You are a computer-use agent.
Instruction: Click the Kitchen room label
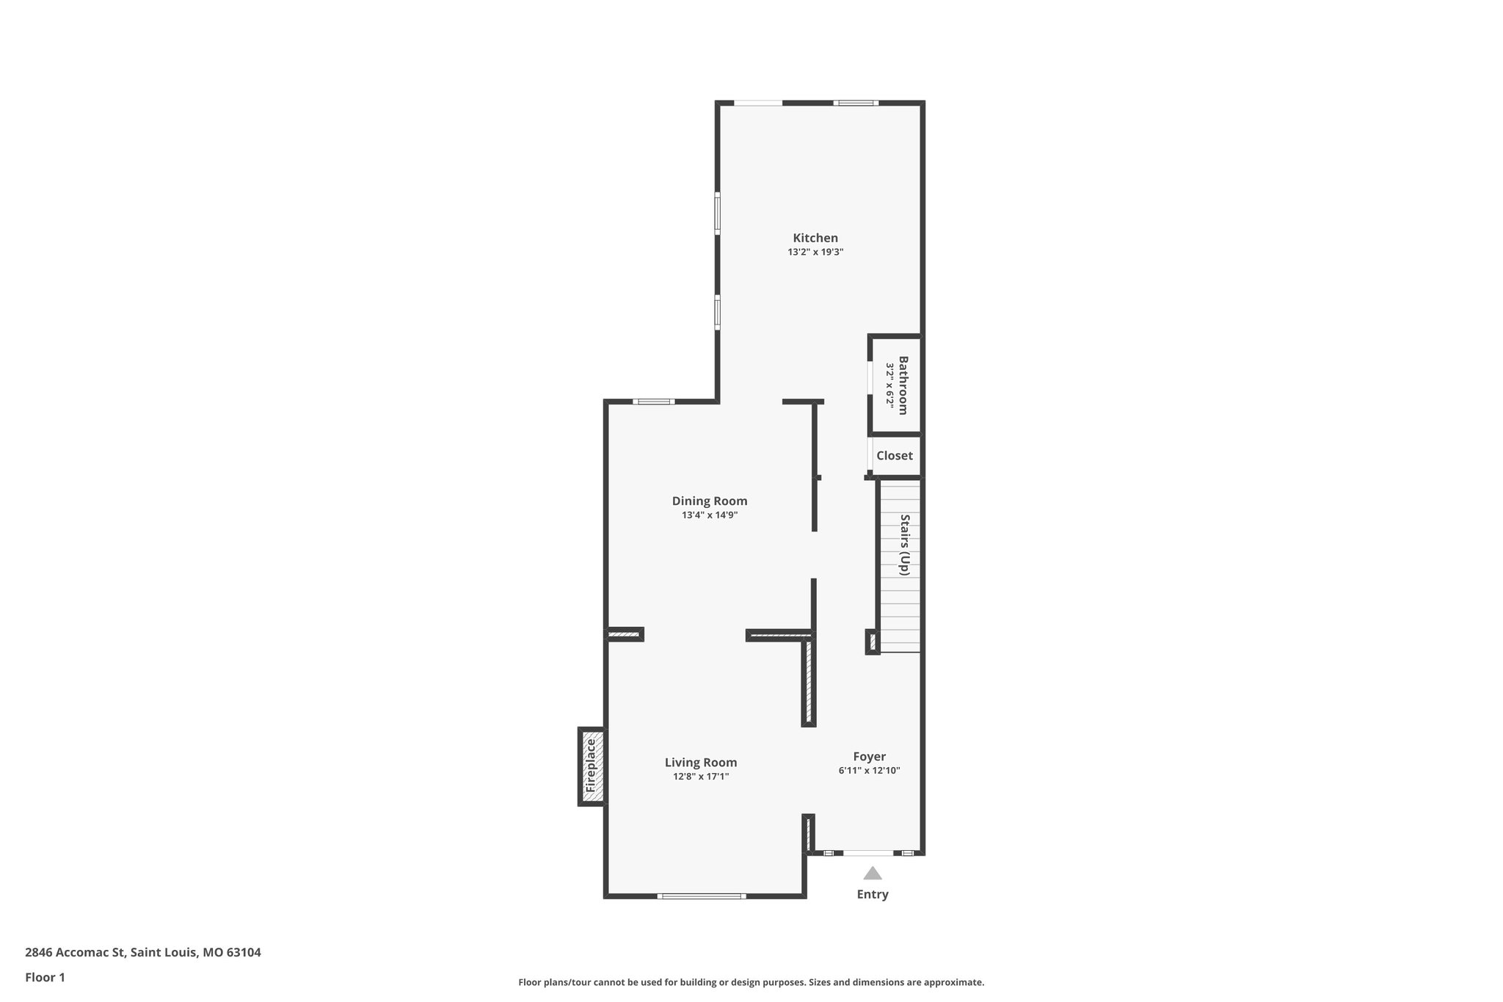tap(815, 238)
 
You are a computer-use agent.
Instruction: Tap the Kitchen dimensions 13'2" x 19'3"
tap(815, 252)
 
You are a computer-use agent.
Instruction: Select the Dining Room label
tap(709, 501)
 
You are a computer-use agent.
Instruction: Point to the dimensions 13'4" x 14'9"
tap(709, 515)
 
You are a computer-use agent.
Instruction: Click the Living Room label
tap(700, 763)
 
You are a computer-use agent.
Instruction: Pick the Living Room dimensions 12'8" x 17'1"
tap(700, 777)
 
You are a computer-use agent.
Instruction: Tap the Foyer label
tap(869, 757)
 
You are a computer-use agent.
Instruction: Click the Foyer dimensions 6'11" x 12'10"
tap(869, 771)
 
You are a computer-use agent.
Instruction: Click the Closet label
tap(894, 456)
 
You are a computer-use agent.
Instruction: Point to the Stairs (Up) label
tap(905, 545)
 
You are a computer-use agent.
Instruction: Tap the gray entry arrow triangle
tap(872, 873)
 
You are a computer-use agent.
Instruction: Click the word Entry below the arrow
tap(872, 894)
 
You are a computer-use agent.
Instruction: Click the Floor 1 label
tap(45, 977)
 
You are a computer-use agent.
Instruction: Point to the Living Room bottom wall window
tap(701, 896)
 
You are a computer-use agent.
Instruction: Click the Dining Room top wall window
tap(653, 402)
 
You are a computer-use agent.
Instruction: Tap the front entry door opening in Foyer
tap(868, 853)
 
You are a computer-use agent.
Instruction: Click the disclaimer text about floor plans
tap(751, 982)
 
